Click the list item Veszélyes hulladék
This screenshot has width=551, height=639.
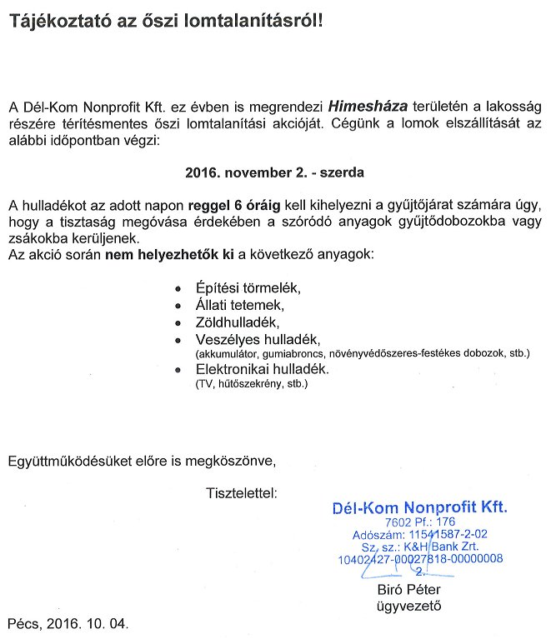coord(258,338)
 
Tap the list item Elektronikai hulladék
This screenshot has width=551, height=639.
coord(263,369)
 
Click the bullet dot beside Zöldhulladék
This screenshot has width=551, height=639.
coord(178,322)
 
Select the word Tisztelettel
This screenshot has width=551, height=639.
coord(241,492)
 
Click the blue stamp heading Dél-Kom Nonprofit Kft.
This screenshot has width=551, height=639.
coord(418,507)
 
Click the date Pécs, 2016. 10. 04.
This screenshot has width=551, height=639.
coord(69,623)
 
